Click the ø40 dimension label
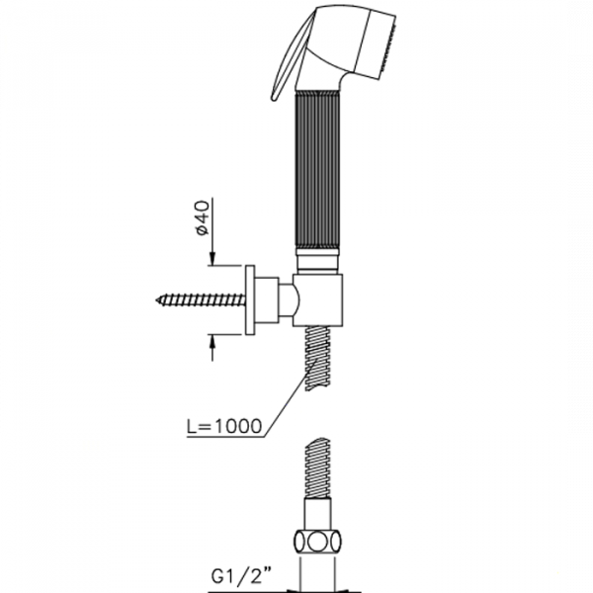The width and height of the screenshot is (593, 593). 203,217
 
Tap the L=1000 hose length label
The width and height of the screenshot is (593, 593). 224,426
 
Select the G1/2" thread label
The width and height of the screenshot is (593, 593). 242,577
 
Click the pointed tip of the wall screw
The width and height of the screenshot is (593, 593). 156,300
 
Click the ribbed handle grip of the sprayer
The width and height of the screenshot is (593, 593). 317,170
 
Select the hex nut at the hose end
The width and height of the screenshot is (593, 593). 317,543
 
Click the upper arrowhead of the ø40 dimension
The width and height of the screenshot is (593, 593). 212,259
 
